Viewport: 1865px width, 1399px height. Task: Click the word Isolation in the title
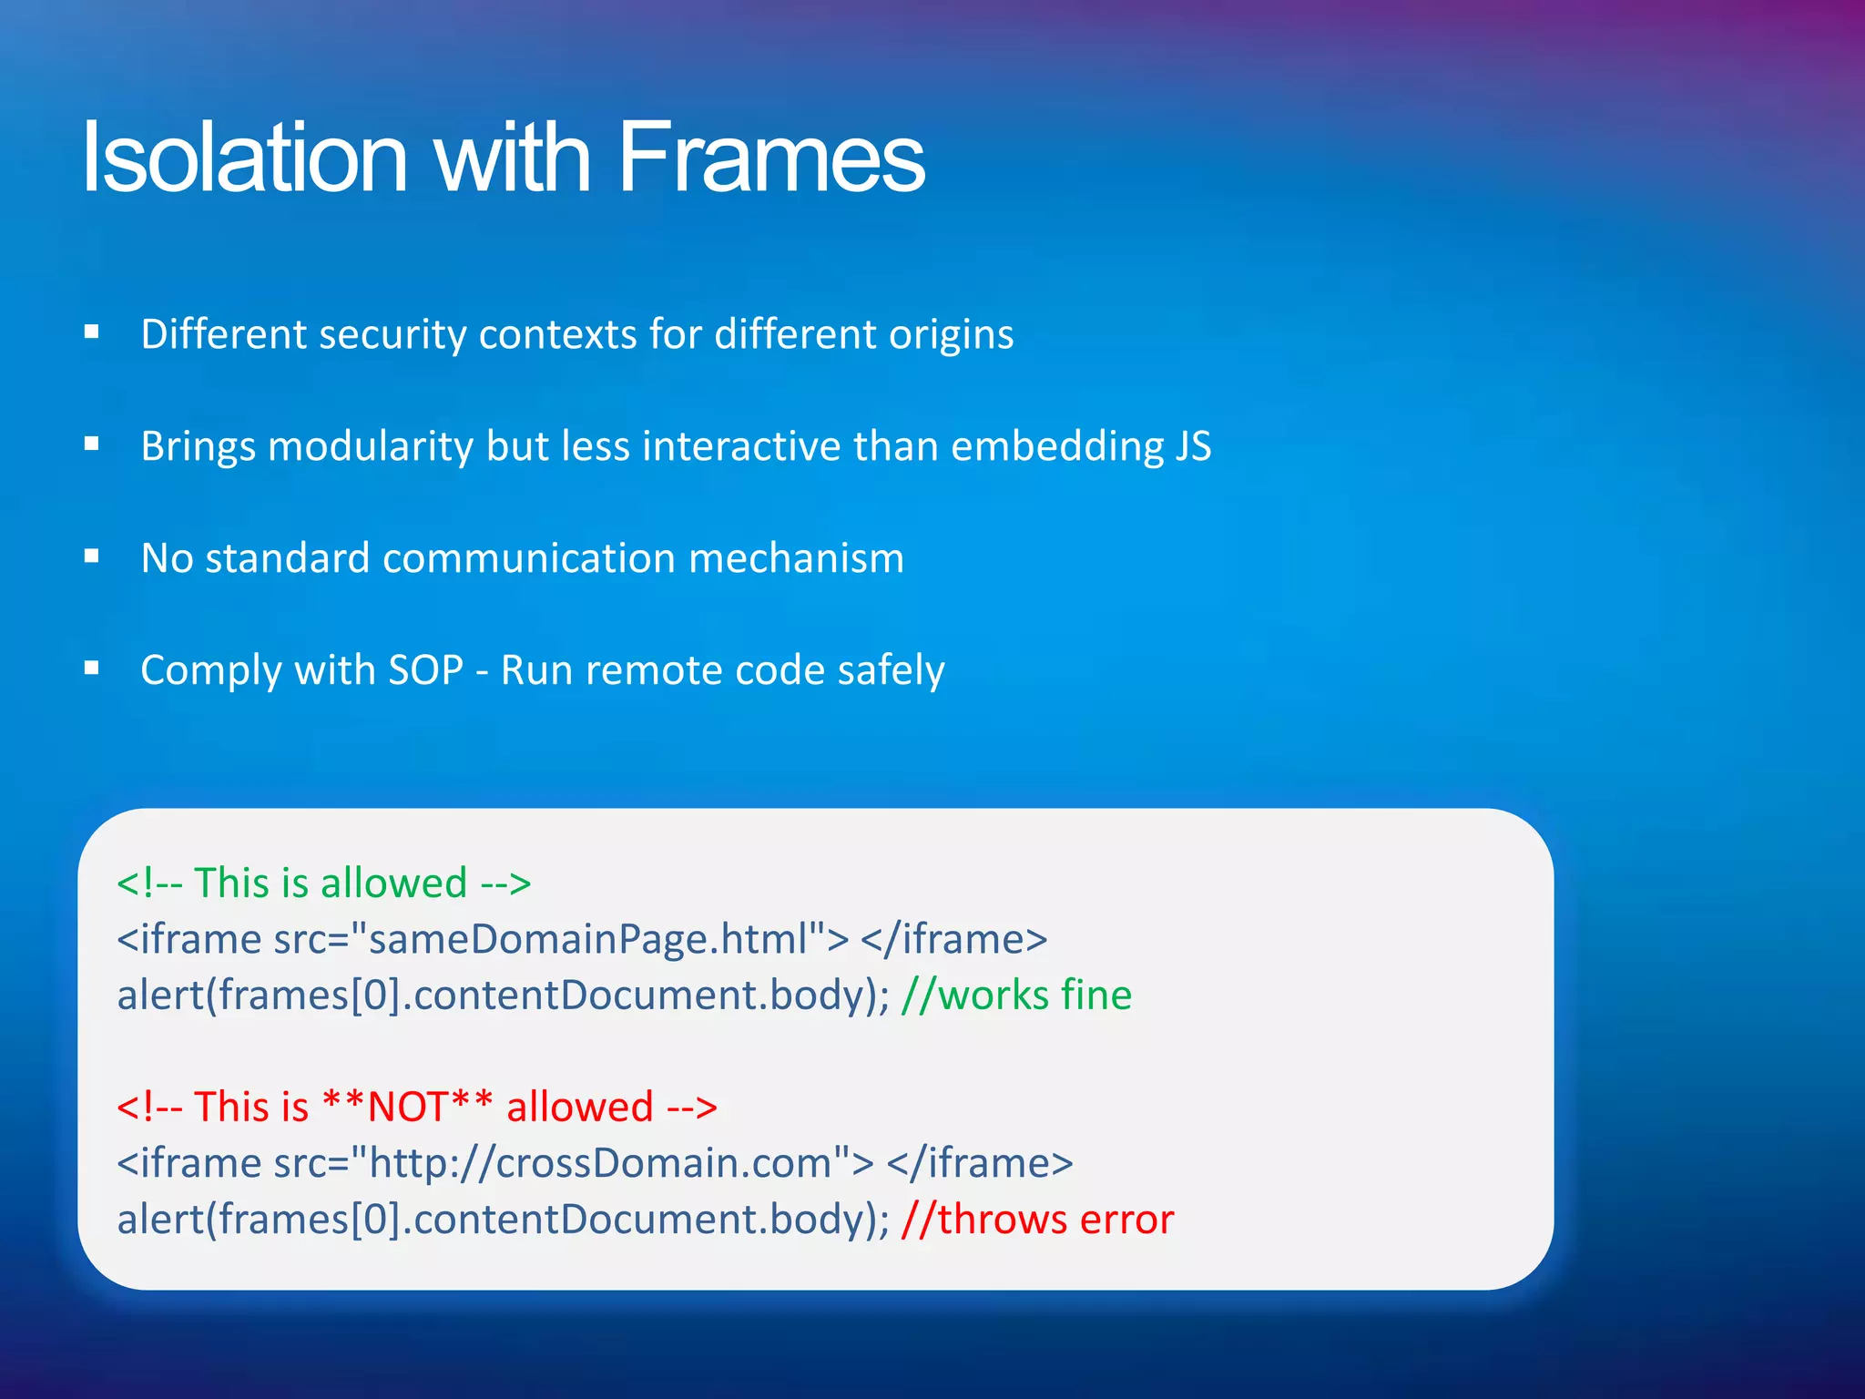[244, 158]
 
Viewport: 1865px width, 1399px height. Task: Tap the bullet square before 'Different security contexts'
[91, 332]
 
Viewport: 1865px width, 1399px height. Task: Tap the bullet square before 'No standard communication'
[91, 556]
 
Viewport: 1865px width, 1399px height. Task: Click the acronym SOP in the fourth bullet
[425, 671]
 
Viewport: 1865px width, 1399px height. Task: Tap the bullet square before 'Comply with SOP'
[91, 669]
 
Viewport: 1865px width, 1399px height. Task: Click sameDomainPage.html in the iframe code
[588, 939]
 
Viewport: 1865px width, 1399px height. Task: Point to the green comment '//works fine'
[1015, 996]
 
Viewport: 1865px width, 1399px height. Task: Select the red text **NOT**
[408, 1108]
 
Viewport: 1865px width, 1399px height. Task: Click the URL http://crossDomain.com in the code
[600, 1164]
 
